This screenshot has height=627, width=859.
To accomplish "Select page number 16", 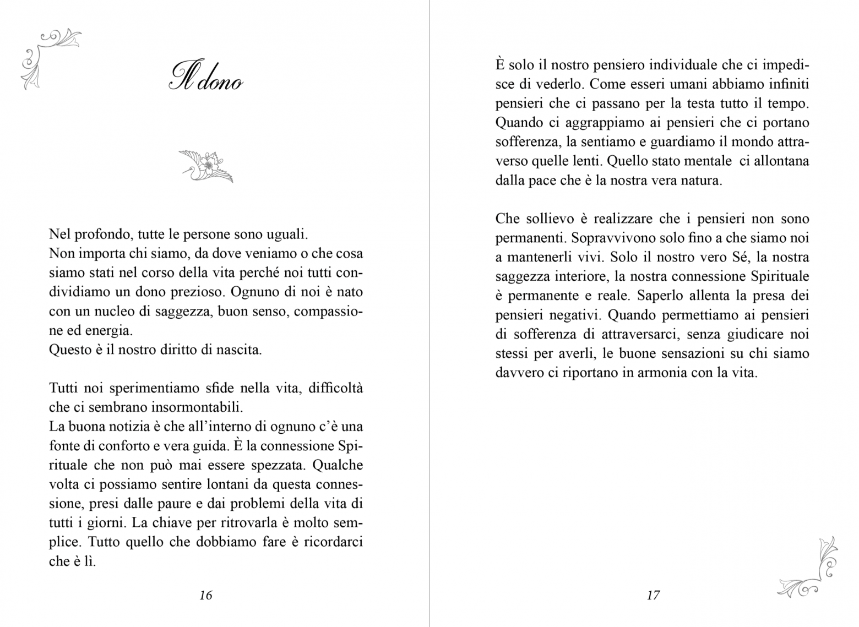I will pos(205,595).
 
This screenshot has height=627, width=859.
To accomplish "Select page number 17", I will pos(653,595).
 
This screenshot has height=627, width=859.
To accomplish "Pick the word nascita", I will pos(238,350).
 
